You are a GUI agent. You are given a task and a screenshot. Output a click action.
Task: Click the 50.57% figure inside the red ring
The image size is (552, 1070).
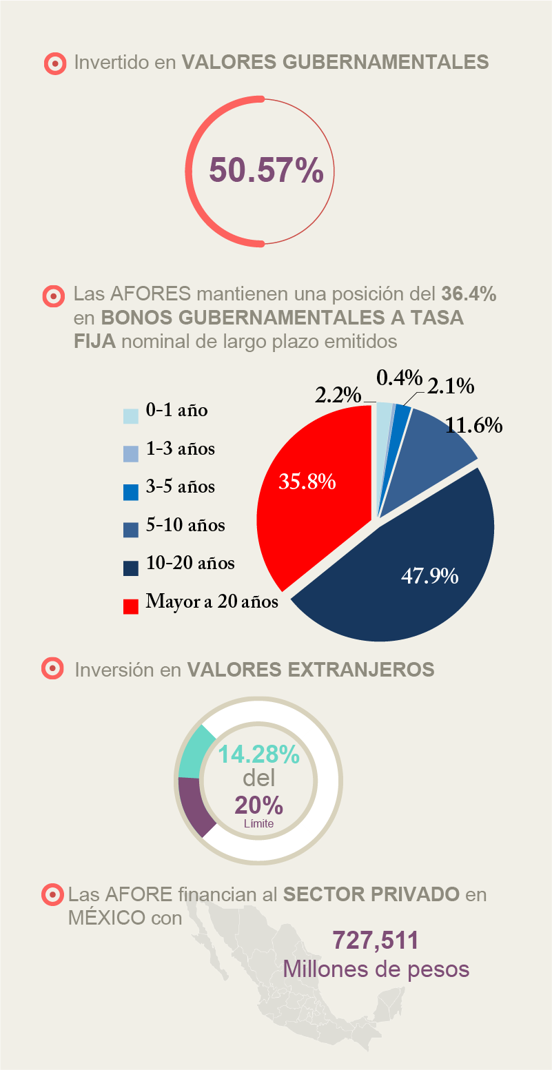pos(266,171)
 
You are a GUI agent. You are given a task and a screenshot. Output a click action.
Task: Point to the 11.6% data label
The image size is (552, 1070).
pos(473,425)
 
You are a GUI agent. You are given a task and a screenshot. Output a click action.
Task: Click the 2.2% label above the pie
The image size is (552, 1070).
pos(338,395)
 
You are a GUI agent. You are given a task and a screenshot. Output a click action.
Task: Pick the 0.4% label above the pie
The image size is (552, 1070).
pos(399,377)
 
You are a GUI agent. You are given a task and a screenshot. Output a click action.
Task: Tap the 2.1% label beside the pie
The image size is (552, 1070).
pos(451,387)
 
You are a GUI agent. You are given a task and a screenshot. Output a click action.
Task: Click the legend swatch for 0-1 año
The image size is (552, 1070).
pos(131,416)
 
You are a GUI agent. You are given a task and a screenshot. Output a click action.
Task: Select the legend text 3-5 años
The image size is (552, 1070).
pos(181,486)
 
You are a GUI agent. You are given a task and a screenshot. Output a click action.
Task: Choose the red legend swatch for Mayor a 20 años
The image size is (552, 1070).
pos(131,606)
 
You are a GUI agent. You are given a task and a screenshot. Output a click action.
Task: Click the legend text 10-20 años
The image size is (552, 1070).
pos(190,563)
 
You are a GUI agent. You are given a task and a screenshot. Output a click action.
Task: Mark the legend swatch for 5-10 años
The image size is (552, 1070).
pos(131,530)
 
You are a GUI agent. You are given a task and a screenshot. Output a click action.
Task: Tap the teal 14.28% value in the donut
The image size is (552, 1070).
pos(259,754)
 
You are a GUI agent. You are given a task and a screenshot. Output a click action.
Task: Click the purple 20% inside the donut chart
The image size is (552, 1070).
pos(258,804)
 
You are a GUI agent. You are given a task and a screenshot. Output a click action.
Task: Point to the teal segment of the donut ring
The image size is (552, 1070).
pos(194,750)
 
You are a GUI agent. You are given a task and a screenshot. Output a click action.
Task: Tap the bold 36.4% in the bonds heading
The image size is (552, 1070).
pos(469,294)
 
